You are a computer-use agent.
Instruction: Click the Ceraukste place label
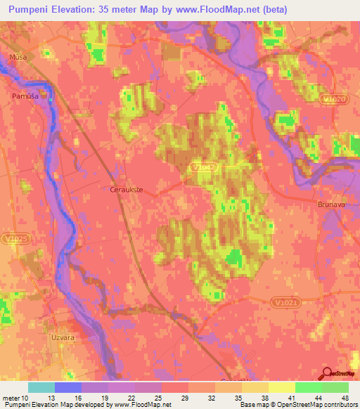pyautogui.click(x=127, y=189)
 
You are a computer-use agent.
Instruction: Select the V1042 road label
pyautogui.click(x=200, y=168)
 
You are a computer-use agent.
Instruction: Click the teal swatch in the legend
pyautogui.click(x=41, y=387)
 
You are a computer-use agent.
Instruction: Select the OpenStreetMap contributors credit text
pyautogui.click(x=313, y=405)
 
